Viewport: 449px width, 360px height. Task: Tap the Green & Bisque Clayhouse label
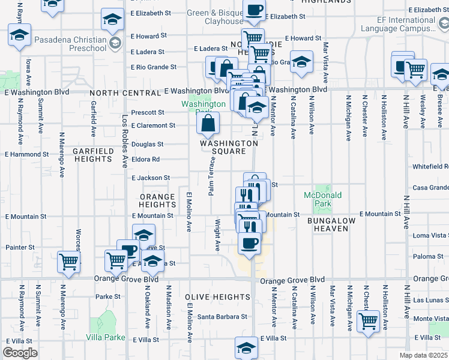[x=215, y=17]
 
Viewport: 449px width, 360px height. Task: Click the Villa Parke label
[x=107, y=338]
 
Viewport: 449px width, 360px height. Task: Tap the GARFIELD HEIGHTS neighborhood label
[x=92, y=155]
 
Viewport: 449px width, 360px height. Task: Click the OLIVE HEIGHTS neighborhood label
[x=217, y=297]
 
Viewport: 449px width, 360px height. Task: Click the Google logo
[x=20, y=353]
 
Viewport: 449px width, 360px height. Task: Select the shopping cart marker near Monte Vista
[x=367, y=320]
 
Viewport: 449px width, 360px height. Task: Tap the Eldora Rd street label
[x=146, y=160]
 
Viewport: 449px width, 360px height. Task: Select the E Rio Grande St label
[x=154, y=67]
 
